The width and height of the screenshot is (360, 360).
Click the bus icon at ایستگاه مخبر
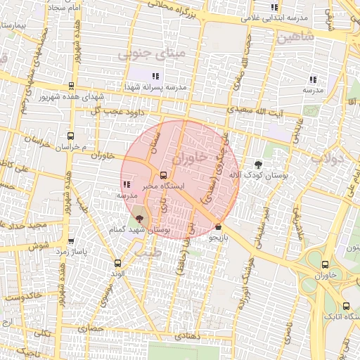(x=164, y=174)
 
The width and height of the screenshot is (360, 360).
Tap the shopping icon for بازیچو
(x=219, y=227)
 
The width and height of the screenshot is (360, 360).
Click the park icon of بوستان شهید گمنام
(x=139, y=219)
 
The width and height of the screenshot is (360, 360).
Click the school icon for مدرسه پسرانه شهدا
(x=155, y=75)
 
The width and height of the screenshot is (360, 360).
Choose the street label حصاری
(x=90, y=328)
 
